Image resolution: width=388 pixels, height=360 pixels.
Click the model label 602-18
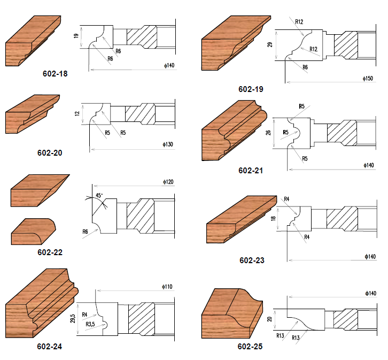(55, 73)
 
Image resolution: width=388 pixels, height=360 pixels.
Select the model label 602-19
(251, 89)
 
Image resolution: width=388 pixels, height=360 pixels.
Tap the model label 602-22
(50, 252)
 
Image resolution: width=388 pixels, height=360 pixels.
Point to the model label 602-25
(250, 347)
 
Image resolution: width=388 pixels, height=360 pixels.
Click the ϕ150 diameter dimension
(368, 79)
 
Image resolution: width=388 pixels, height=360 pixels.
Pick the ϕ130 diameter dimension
(168, 144)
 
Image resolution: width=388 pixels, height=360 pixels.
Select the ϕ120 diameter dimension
(168, 182)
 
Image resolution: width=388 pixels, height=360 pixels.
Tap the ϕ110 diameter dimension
(167, 287)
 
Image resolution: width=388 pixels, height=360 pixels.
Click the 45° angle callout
(99, 195)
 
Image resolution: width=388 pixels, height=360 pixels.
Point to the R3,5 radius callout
(90, 324)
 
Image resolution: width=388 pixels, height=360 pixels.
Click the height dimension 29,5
(73, 318)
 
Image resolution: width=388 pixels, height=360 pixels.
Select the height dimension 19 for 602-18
(76, 36)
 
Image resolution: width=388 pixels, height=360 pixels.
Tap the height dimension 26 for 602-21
(268, 133)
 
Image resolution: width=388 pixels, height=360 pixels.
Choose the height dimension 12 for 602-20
(77, 113)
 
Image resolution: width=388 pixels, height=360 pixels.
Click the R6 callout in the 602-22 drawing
(85, 232)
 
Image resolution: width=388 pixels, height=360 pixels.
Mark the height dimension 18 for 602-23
(273, 218)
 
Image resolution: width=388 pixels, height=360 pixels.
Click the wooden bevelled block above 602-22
(40, 190)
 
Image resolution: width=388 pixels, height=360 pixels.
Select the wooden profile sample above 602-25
(232, 313)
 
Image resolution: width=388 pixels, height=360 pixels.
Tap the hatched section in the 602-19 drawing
(346, 45)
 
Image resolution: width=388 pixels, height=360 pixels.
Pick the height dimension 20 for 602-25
(269, 319)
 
